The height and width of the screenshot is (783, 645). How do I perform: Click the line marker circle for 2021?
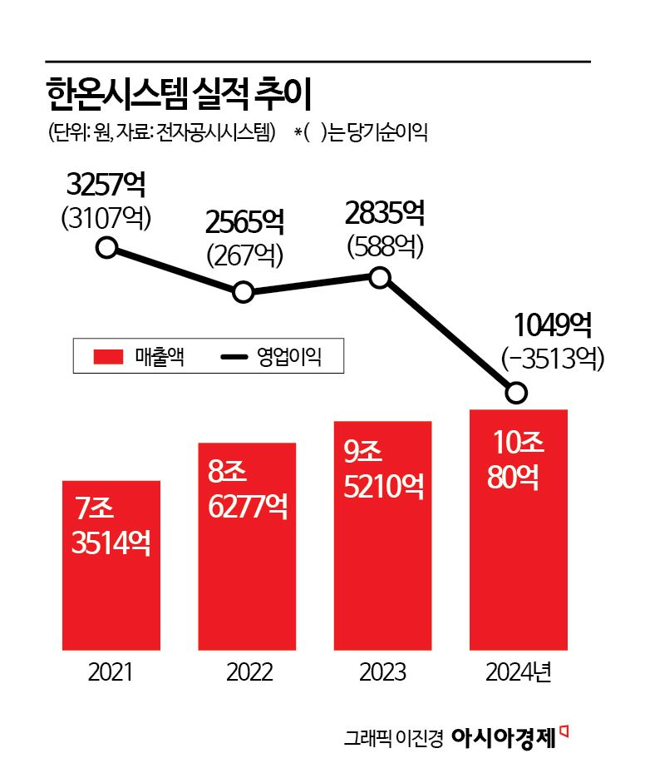point(106,247)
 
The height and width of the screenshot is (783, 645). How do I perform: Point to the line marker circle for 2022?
point(243,292)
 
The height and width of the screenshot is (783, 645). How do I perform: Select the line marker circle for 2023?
point(379,277)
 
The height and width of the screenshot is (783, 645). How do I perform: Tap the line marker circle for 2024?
point(516,392)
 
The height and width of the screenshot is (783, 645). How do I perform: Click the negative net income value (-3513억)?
point(552,357)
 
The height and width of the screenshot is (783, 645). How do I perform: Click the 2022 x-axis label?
point(247,672)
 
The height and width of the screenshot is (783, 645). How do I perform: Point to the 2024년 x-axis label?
point(520,672)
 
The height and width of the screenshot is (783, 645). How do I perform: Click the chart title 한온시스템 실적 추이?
point(178,96)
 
